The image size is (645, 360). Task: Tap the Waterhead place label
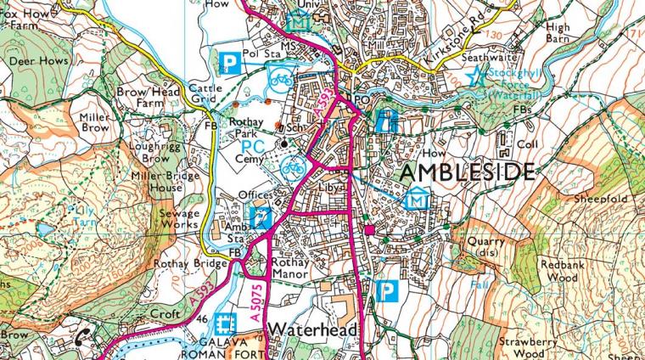314,329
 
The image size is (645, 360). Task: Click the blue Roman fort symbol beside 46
225,323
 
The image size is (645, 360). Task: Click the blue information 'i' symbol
385,120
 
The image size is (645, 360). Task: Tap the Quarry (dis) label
486,246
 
